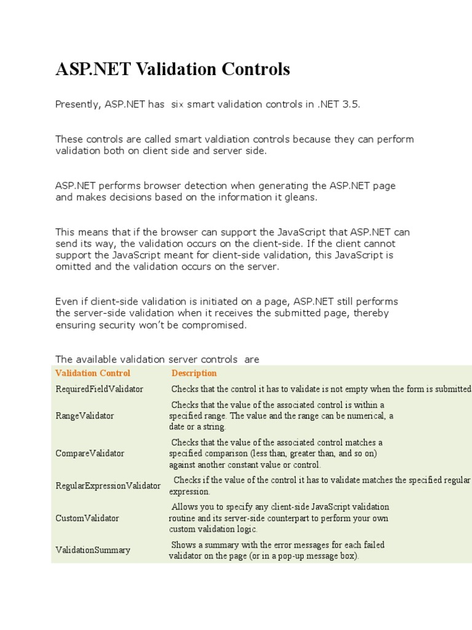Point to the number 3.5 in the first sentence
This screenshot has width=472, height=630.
[x=350, y=105]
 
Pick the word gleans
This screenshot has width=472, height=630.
[x=299, y=197]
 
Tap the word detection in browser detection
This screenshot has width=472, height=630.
[x=203, y=186]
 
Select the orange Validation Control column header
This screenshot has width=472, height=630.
[x=93, y=373]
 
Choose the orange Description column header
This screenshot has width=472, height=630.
[x=194, y=373]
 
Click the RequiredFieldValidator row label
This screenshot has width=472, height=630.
[x=99, y=389]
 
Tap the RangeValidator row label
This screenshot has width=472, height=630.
[x=84, y=416]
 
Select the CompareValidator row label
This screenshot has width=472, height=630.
[x=90, y=453]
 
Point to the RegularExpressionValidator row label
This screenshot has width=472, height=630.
[x=108, y=485]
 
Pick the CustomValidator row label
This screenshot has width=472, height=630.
[x=87, y=518]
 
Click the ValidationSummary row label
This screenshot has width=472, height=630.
[x=92, y=550]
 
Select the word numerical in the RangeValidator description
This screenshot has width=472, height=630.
[x=363, y=416]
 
